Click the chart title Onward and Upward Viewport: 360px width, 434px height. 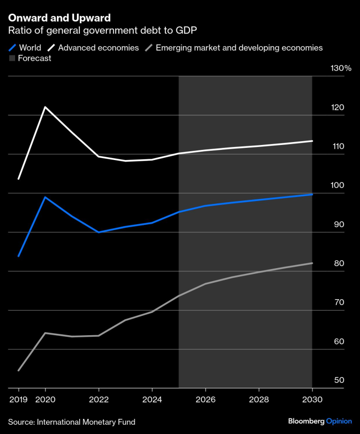tap(59, 18)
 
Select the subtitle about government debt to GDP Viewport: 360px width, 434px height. tap(109, 31)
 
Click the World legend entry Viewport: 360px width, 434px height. tap(25, 48)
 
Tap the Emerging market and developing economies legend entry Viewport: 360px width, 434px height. tap(233, 48)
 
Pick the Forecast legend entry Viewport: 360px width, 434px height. tap(30, 58)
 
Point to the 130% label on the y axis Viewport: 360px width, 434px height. tap(341, 69)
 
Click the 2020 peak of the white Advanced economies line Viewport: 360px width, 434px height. tap(45, 107)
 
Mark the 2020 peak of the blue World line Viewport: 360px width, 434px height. tap(45, 197)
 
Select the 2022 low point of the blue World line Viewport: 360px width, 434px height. tap(99, 232)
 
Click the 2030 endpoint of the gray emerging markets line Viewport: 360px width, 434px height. tap(312, 263)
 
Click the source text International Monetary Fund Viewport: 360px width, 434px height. tap(72, 422)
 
